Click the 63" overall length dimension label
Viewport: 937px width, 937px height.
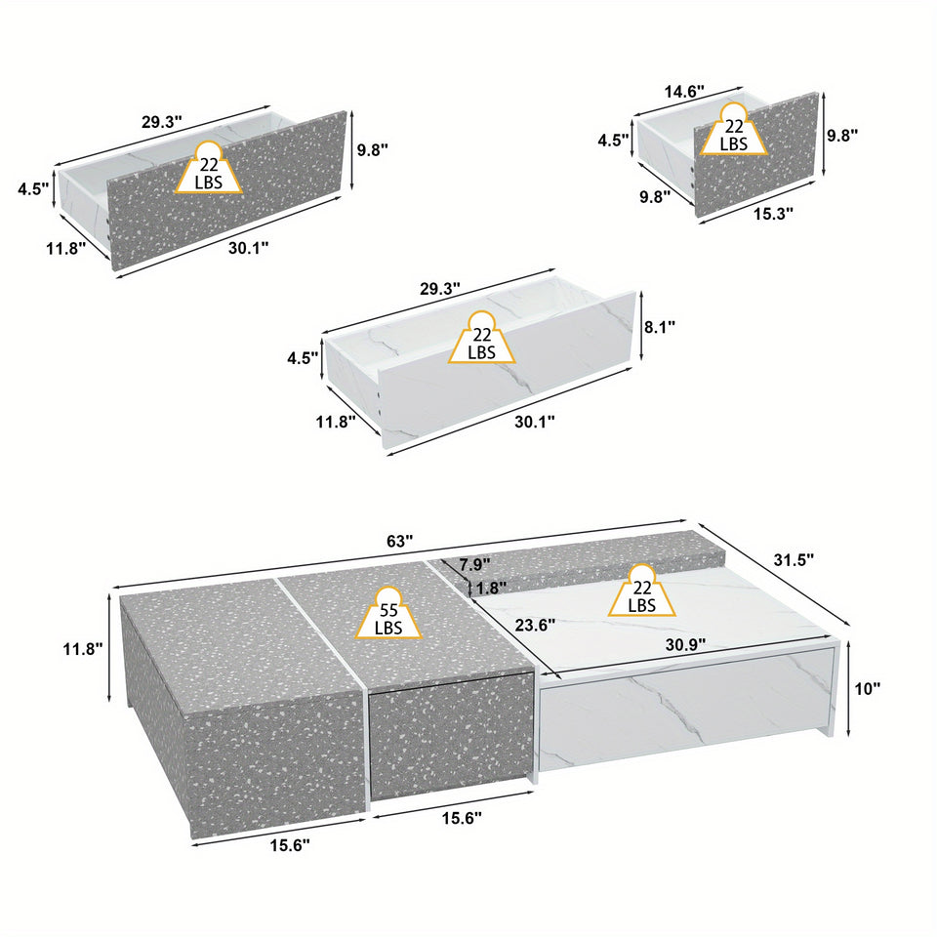pos(399,541)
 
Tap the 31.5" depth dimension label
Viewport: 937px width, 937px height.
pos(793,559)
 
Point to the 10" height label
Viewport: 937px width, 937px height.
pos(867,688)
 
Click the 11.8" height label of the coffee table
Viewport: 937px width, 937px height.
pos(80,648)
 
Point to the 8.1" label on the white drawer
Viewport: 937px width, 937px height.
pos(660,326)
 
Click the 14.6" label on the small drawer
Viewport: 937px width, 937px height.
pos(684,91)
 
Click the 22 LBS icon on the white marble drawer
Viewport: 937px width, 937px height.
pos(481,340)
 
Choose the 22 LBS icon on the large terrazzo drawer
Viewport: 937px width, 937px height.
pos(209,169)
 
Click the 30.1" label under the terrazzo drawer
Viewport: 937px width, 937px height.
pos(248,247)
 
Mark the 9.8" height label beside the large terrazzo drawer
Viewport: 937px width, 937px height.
pos(372,149)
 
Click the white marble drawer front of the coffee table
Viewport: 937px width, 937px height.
pos(683,713)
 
